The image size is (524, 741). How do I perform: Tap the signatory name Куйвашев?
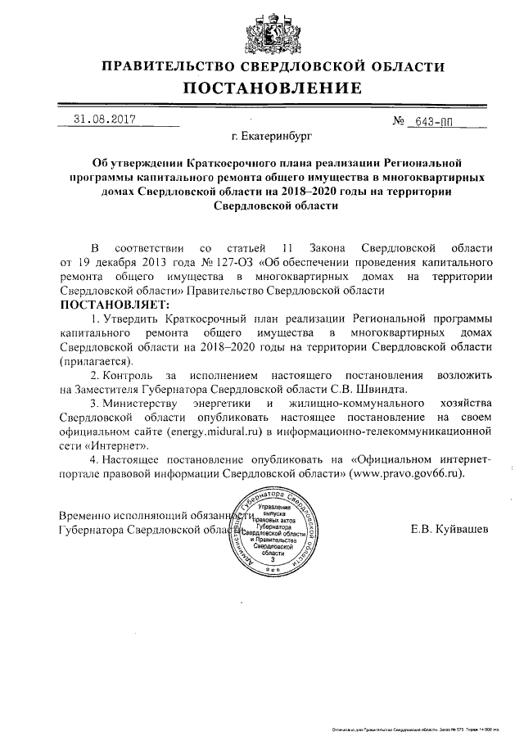pos(462,529)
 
